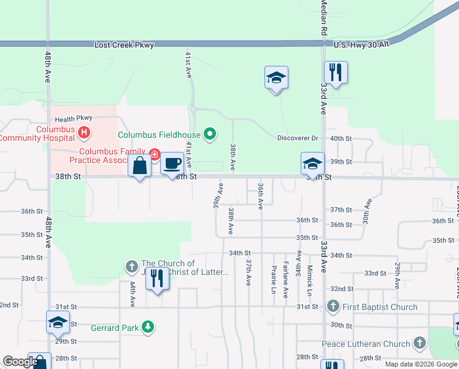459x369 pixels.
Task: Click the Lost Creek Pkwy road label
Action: point(124,45)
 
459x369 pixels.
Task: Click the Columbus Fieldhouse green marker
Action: point(210,133)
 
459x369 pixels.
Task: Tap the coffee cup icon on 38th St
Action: point(172,164)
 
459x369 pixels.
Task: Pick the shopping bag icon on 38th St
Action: point(139,165)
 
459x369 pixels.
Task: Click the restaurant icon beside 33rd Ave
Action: point(336,73)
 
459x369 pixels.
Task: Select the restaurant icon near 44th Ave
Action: point(158,279)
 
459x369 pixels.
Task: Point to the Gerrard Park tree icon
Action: point(147,327)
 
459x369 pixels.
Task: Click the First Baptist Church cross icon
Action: point(333,306)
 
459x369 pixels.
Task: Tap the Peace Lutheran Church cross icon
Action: point(419,343)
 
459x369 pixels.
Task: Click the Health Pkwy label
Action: point(73,119)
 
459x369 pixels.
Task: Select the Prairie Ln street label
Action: point(274,279)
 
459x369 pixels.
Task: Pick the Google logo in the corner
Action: point(20,362)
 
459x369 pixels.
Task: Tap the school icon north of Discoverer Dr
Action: point(276,78)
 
